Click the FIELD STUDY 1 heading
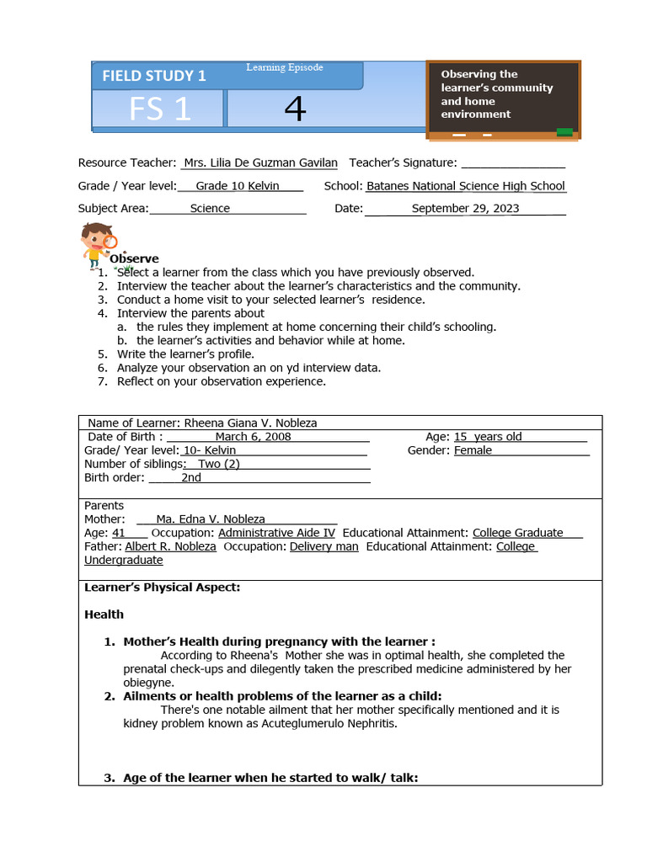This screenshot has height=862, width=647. point(153,76)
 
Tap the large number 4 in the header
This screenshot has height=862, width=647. point(295,109)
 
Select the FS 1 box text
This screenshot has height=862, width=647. point(160,109)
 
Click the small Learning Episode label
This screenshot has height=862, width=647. point(285,67)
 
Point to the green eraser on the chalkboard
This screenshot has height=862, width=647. point(564,131)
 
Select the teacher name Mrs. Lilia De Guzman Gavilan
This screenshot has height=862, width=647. point(260,162)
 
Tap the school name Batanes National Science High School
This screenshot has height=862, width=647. point(466,186)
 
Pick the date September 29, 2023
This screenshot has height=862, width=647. point(465,208)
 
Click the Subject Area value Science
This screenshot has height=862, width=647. point(210,208)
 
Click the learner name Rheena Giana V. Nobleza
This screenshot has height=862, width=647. point(251,423)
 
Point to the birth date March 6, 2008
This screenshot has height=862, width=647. point(253,436)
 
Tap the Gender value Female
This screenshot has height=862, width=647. point(473,450)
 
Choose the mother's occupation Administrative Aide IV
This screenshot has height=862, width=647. point(276,533)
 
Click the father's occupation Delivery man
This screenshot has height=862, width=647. point(323,546)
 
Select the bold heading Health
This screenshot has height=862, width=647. point(104,615)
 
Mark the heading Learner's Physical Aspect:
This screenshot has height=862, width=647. point(163,588)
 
